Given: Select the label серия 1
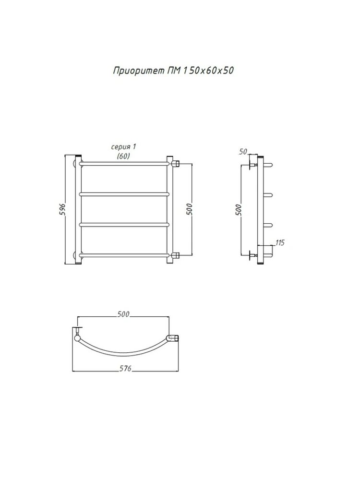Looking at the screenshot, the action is tap(124, 147).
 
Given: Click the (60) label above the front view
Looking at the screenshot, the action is tap(123, 156).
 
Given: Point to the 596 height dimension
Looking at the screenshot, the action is tap(62, 209).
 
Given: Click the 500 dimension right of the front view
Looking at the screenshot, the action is tap(190, 209).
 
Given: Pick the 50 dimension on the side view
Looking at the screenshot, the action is tap(243, 152).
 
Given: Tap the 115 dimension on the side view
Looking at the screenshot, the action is tap(280, 243).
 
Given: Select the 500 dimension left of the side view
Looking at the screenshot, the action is tap(239, 210).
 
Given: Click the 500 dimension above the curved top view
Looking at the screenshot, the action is tap(123, 314).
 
